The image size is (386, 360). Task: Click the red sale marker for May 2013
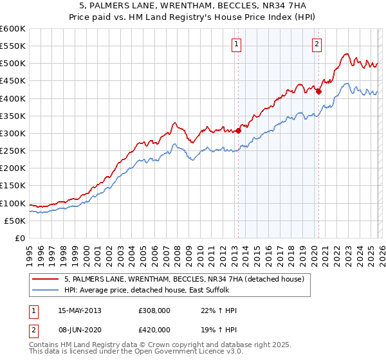coord(238,130)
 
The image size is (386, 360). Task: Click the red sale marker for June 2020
coord(318,91)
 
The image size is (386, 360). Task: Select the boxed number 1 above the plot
coord(237,44)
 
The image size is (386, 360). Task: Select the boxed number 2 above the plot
coord(317,44)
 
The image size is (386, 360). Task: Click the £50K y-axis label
coord(15,221)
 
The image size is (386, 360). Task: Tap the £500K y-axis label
coord(13,64)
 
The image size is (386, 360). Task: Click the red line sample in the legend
coord(46,279)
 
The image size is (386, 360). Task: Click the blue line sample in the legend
coord(46,290)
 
